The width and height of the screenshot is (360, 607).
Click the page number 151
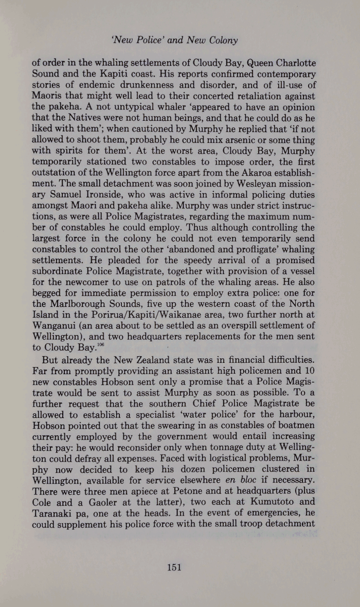(175, 567)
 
